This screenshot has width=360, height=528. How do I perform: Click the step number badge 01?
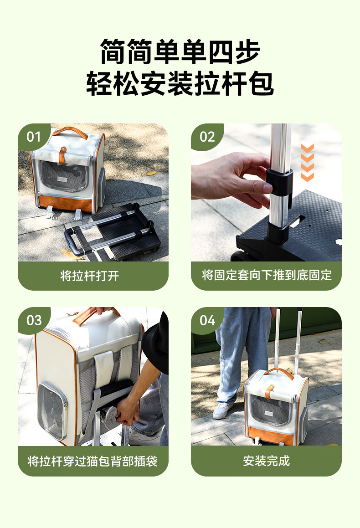point(34,137)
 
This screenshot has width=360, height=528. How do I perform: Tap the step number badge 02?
point(207,137)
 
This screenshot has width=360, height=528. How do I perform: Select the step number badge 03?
point(34,320)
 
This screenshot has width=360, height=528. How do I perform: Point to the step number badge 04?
point(207,320)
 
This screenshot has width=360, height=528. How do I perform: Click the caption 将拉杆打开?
point(90,276)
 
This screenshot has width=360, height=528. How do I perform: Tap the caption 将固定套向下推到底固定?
point(267,275)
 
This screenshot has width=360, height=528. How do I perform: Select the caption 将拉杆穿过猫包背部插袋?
point(93,461)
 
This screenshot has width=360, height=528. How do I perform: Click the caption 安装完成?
point(267,461)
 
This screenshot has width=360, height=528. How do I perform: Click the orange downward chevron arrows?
point(307,163)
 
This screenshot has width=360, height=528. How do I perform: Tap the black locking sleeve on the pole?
point(279,181)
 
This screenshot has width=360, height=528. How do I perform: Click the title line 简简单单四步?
point(180,51)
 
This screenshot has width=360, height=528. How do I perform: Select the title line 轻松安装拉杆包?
point(180,83)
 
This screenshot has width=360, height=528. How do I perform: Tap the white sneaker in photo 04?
point(222,410)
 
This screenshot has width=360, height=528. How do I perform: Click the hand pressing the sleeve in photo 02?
point(230,179)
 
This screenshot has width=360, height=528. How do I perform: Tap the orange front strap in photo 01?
point(62,154)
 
